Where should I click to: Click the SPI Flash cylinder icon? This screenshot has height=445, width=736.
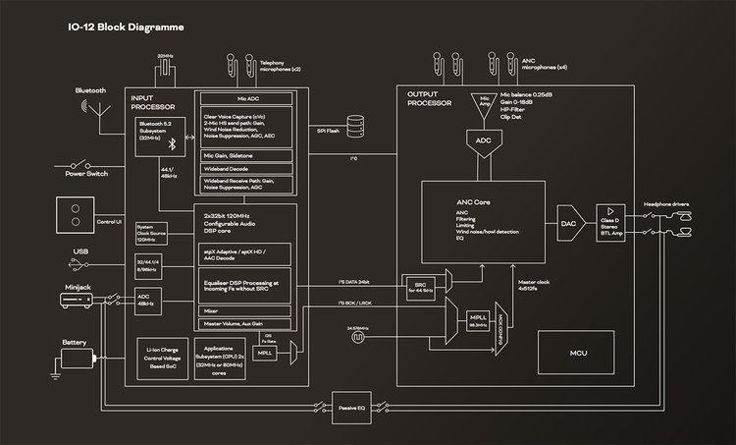pos(354,128)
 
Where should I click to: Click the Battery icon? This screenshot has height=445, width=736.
pos(76,357)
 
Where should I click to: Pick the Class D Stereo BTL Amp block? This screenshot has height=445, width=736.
pos(610,224)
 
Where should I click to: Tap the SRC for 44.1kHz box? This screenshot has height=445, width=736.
pos(419,287)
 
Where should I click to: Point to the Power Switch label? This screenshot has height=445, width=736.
pos(86,174)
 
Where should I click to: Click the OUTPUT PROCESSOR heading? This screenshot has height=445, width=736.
pos(429,98)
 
